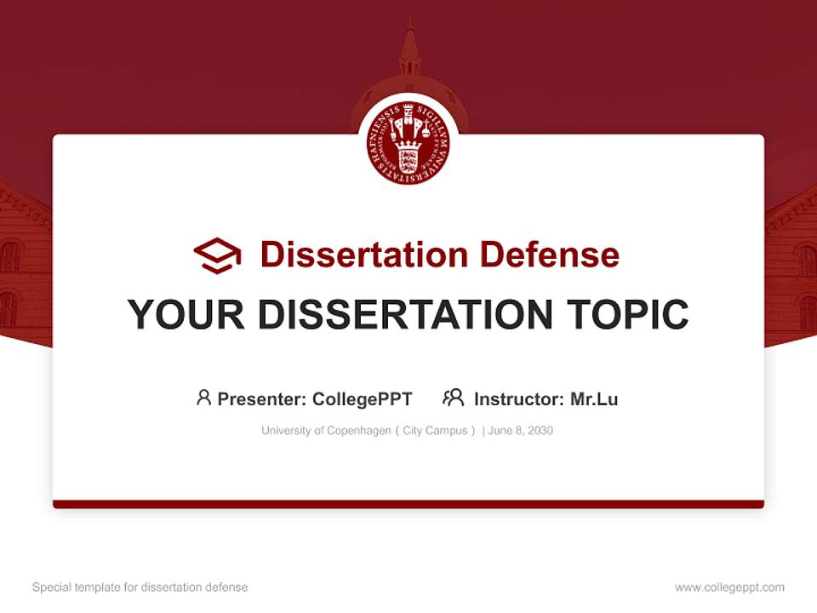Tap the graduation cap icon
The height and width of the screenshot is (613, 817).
point(217,255)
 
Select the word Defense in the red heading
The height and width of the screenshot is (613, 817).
point(549,255)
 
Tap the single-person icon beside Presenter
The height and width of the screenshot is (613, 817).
point(203,398)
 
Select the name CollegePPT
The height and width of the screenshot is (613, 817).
point(363,399)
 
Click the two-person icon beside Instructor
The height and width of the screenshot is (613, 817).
point(453,398)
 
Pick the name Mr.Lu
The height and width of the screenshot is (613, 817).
point(594,399)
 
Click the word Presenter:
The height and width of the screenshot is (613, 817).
point(262,399)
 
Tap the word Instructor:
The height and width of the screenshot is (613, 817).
point(518,399)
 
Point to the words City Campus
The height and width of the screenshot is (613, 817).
point(435,431)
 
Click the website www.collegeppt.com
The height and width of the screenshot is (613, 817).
point(729,587)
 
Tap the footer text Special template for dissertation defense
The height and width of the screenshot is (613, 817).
point(140,587)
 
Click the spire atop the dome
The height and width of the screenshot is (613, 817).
point(409,47)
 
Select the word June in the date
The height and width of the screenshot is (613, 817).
point(500,431)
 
